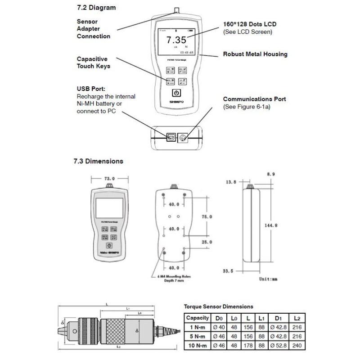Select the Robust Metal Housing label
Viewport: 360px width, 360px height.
point(255,54)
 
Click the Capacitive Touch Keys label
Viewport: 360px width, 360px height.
point(93,63)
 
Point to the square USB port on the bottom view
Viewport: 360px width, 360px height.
point(171,136)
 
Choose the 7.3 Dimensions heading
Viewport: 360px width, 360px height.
point(98,161)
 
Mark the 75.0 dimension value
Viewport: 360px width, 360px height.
point(207,217)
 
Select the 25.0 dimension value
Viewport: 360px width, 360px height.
point(207,243)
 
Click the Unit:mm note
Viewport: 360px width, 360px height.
point(268,279)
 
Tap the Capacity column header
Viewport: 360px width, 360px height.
point(198,318)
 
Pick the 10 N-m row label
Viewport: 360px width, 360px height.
point(198,346)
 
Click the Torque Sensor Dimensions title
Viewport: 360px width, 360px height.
point(219,306)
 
